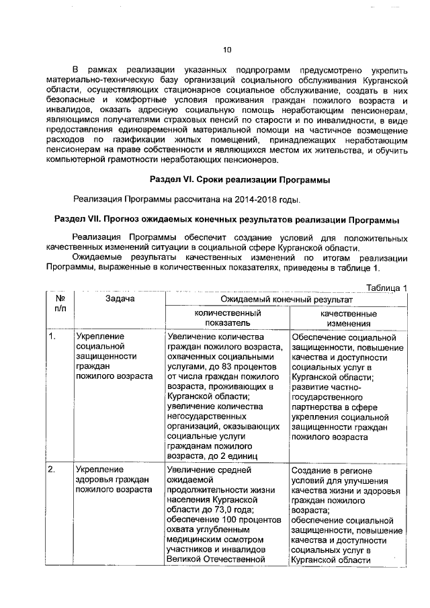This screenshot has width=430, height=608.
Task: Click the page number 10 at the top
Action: click(226, 48)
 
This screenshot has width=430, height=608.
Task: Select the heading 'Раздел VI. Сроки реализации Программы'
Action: click(239, 179)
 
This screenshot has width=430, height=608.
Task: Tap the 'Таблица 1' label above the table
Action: click(386, 288)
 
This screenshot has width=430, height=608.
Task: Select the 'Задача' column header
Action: click(120, 298)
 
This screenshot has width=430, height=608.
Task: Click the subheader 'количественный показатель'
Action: click(228, 318)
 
